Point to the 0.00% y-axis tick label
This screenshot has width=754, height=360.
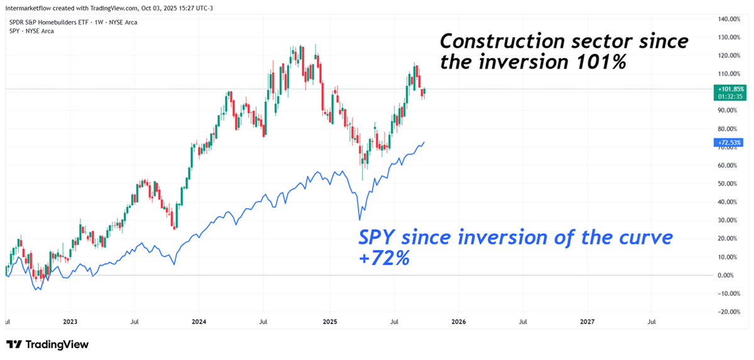[x=728, y=275]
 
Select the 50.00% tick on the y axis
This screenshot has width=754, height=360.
[x=728, y=184]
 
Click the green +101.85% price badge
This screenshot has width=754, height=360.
[x=729, y=90]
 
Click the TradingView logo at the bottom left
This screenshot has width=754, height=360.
[x=47, y=344]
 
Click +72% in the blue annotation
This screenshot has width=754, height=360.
[x=384, y=258]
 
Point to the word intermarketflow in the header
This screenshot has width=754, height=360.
[x=25, y=7]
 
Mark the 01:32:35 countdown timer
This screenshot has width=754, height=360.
[x=729, y=97]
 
